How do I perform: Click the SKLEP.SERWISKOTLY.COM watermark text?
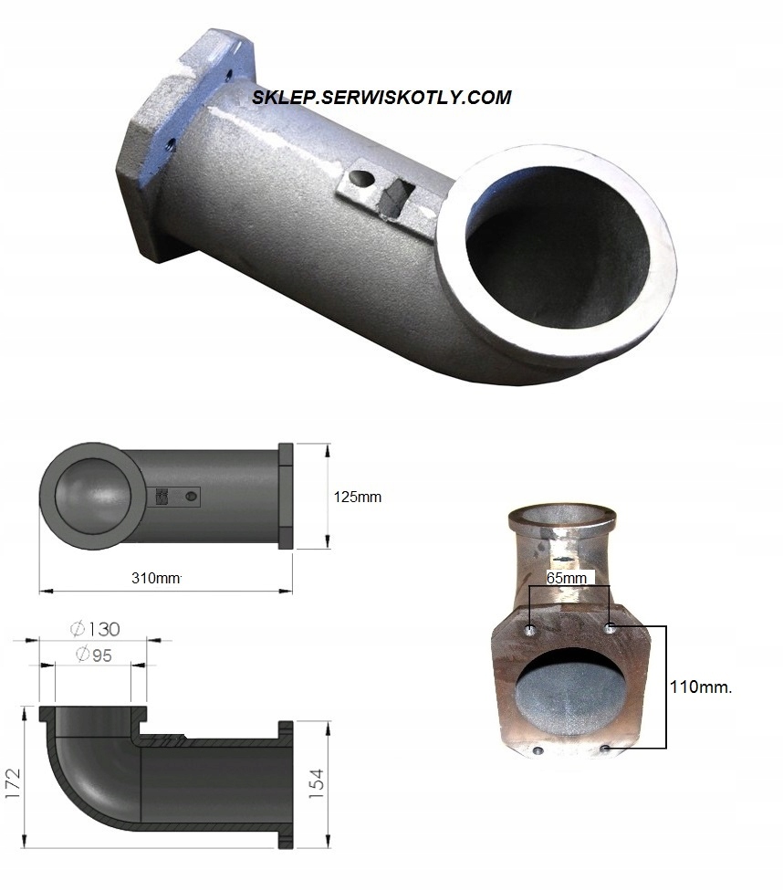pos(381,97)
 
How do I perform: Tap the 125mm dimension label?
pos(358,498)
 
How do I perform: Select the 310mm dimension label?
pos(156,579)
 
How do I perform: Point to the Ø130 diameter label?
pos(95,629)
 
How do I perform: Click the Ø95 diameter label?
pos(94,655)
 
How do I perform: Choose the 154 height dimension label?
pos(317,784)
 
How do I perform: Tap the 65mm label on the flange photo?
pos(567,579)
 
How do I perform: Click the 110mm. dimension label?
pos(701,687)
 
